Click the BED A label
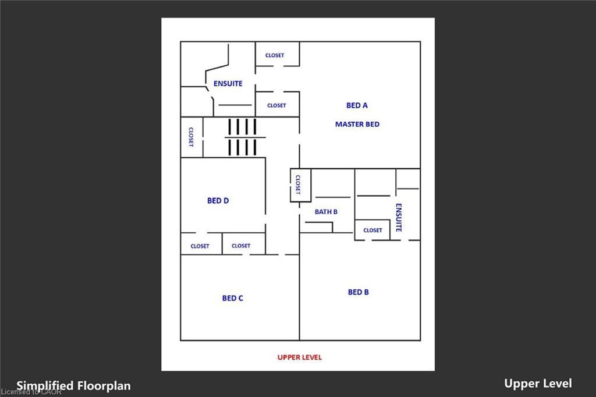(357, 105)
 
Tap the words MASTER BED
(357, 124)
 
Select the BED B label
(358, 292)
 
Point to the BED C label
(232, 298)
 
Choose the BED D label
(218, 200)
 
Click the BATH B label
(326, 212)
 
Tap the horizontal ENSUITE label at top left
(228, 84)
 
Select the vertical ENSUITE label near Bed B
(399, 217)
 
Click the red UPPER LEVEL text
(299, 357)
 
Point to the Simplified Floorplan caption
(73, 385)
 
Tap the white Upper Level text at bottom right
(538, 383)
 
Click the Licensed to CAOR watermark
(31, 392)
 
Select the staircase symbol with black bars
(242, 137)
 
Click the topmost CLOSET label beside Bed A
(275, 55)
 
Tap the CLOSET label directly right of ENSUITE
(276, 105)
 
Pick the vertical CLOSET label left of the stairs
(190, 137)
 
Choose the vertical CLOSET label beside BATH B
(297, 185)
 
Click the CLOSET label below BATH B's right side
(372, 230)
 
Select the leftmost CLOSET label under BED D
(200, 246)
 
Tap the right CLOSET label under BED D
(241, 246)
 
